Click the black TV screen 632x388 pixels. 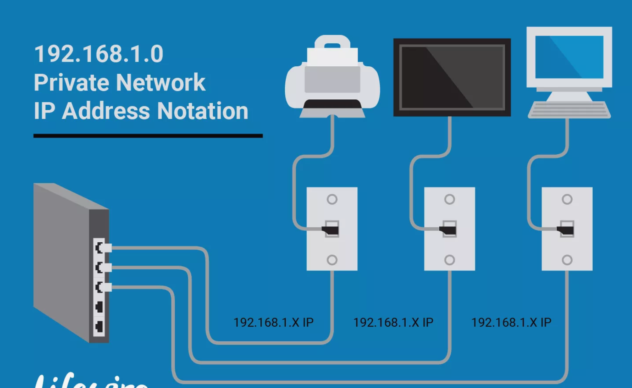pos(452,77)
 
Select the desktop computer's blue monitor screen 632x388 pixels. pos(569,57)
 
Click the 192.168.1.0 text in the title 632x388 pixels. pos(99,54)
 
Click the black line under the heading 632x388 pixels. pos(148,136)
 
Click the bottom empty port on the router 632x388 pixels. pos(99,327)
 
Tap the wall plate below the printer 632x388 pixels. pos(332,246)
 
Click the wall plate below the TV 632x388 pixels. pos(449,246)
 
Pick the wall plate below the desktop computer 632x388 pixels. pos(567,246)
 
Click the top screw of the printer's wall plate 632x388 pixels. pos(332,199)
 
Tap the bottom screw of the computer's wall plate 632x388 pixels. pos(567,260)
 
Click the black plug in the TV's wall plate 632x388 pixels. pos(449,230)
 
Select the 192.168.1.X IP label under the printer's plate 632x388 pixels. pos(273,323)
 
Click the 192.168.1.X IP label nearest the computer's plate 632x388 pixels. pos(511,323)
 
